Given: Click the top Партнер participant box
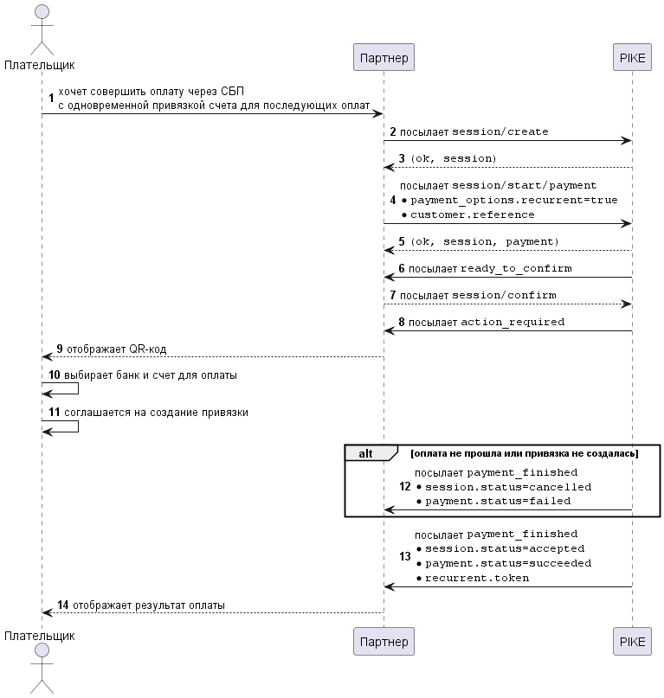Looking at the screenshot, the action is (384, 57).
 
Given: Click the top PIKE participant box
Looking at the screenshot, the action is (632, 57).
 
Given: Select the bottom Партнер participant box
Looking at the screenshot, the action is (384, 642).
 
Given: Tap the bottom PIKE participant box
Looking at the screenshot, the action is (632, 642).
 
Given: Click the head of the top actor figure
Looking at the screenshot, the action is (42, 11).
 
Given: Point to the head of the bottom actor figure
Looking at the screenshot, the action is (42, 650).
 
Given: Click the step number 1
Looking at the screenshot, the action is (51, 98).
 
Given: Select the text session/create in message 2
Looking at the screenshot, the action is (500, 131).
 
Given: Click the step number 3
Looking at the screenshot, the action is (402, 158).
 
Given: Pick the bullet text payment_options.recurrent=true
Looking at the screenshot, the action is (514, 201).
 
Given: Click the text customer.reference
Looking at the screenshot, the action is (473, 215).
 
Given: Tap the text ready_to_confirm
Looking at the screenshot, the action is (516, 268).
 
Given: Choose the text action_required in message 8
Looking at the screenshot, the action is (513, 322).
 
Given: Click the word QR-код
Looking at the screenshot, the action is (147, 349).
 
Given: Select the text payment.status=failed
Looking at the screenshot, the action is (498, 502).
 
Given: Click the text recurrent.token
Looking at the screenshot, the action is (477, 578).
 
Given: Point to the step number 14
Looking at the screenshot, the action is (63, 605).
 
